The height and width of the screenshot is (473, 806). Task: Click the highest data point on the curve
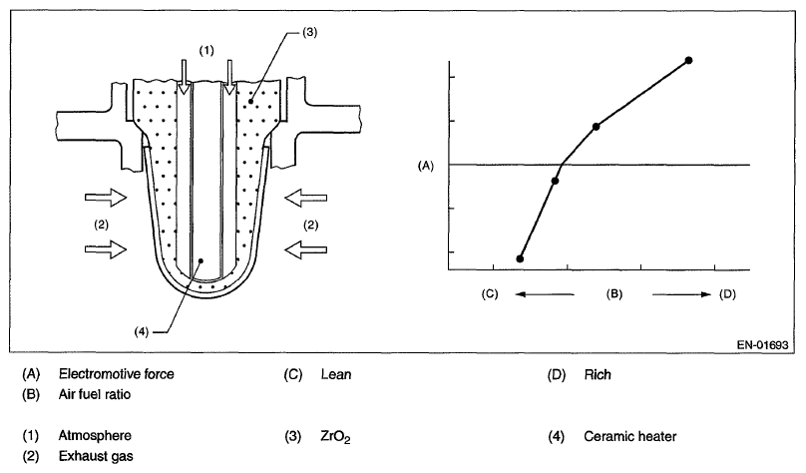[688, 61]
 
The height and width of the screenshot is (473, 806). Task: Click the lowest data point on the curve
[520, 258]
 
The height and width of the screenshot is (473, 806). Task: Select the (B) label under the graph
[614, 294]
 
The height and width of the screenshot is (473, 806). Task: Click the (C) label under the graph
[489, 294]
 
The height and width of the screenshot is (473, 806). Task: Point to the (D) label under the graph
[727, 294]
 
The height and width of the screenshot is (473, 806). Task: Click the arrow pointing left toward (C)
[544, 294]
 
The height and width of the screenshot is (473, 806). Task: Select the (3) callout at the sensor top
[309, 33]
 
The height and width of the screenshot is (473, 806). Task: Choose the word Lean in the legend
[334, 375]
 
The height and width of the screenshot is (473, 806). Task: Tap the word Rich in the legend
[598, 375]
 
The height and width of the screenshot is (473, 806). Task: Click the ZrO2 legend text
[337, 437]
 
